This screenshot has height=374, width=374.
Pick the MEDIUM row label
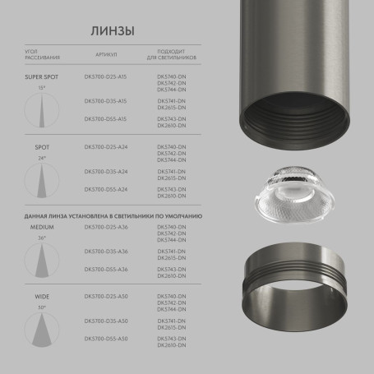point(41,226)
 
